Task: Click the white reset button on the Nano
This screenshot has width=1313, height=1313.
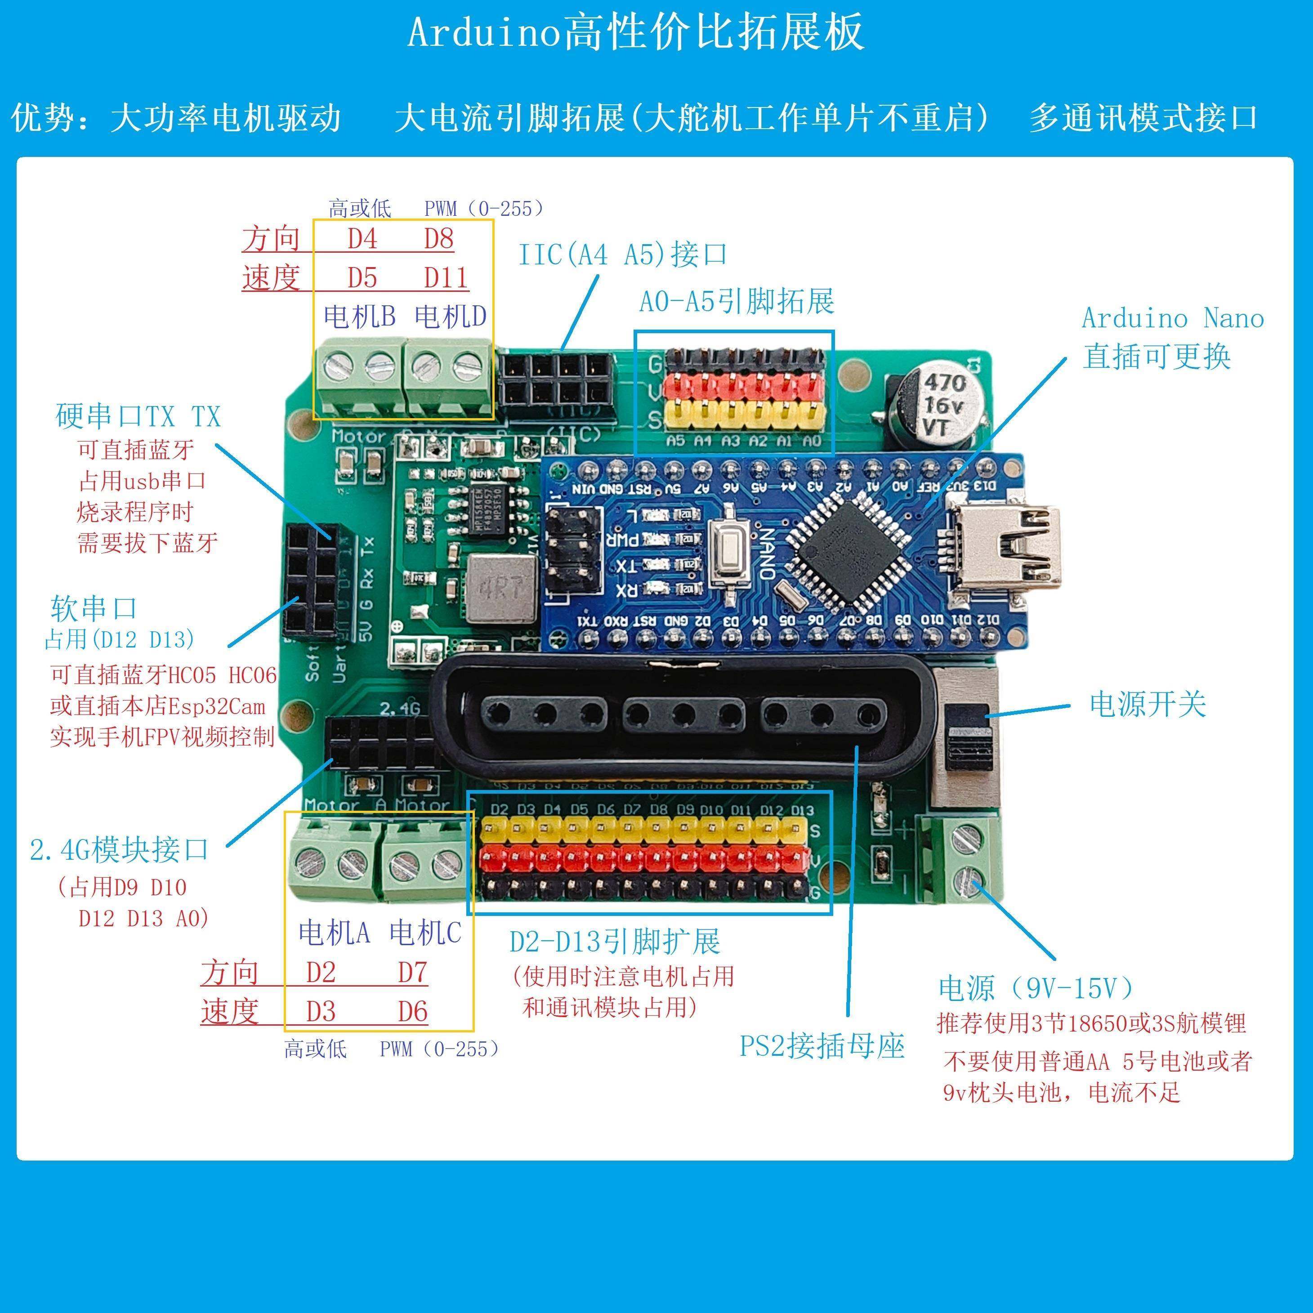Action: point(731,550)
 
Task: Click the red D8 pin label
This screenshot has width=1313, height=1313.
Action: point(438,239)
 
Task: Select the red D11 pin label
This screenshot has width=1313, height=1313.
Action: point(446,278)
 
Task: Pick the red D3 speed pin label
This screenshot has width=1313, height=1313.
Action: point(321,1012)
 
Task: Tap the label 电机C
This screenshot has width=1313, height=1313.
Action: point(425,933)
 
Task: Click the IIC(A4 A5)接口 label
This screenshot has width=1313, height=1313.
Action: point(622,255)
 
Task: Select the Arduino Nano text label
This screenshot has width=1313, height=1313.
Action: point(1172,318)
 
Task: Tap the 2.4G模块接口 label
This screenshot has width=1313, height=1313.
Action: point(119,849)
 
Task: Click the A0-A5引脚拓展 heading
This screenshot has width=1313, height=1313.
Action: point(737,302)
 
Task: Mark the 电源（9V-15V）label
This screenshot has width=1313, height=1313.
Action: point(1036,988)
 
